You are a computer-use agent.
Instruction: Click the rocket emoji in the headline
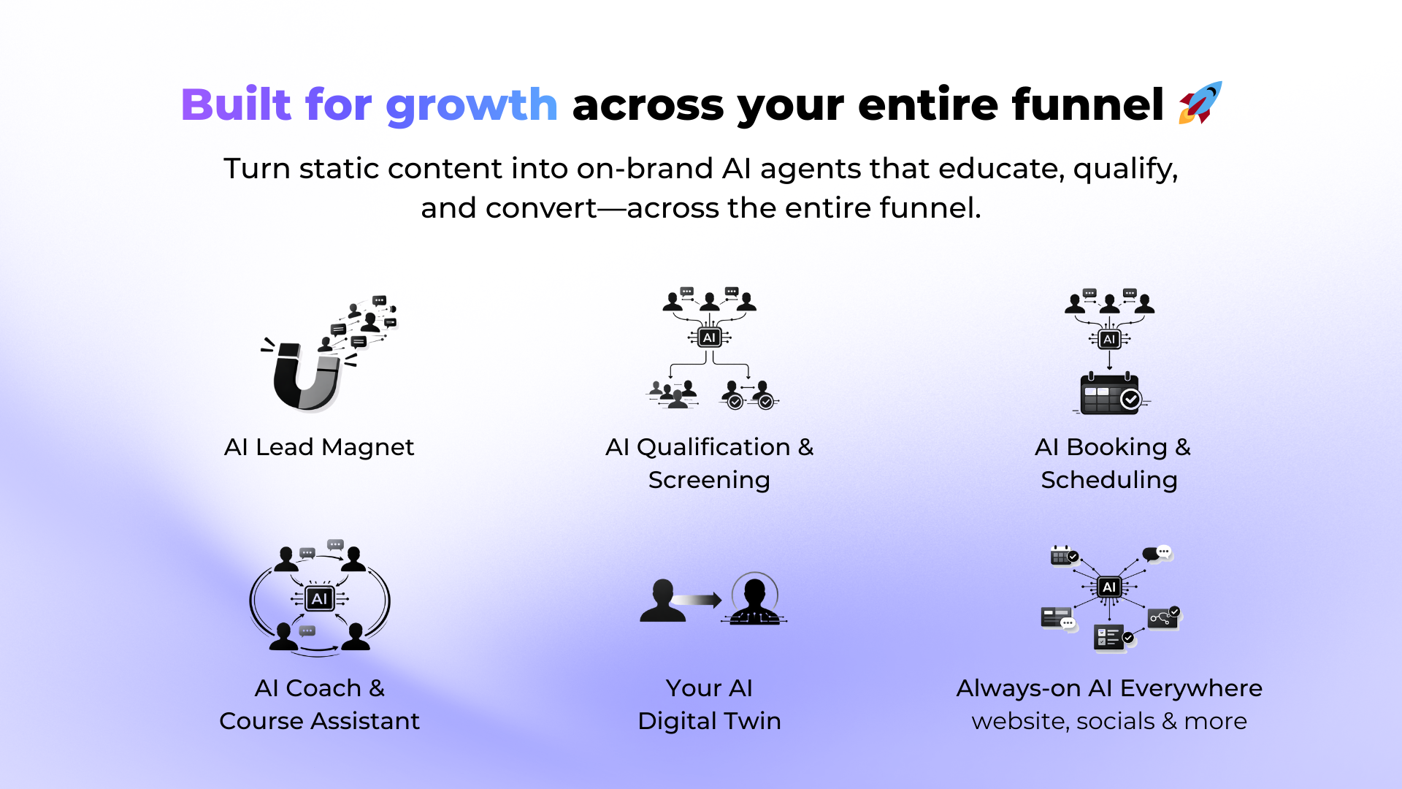[x=1200, y=103]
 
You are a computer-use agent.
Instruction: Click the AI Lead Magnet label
[x=319, y=447]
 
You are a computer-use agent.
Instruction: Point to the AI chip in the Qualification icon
[x=709, y=338]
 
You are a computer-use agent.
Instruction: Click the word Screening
[x=709, y=481]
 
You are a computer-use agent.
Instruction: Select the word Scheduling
[x=1109, y=481]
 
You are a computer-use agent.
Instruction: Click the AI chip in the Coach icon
[x=320, y=599]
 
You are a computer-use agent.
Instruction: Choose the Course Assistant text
[x=319, y=721]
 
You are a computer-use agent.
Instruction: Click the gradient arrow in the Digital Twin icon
[x=697, y=600]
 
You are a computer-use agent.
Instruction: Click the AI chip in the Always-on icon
[x=1110, y=587]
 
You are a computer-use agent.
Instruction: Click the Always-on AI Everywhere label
[x=1109, y=688]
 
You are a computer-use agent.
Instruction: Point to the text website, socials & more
[x=1109, y=722]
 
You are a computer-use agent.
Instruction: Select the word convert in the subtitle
[x=542, y=208]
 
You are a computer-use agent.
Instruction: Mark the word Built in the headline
[x=237, y=104]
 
